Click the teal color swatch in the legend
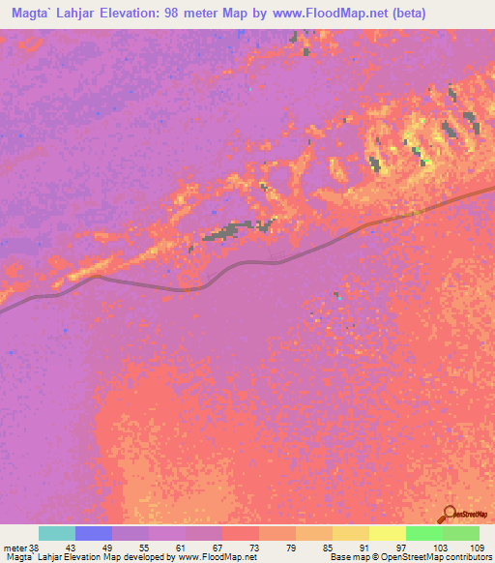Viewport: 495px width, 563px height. pyautogui.click(x=57, y=533)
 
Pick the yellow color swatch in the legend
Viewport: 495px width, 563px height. pyautogui.click(x=387, y=533)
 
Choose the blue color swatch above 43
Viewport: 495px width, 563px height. pyautogui.click(x=94, y=533)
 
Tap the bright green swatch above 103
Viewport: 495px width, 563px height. pyautogui.click(x=423, y=533)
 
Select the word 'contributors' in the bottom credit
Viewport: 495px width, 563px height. pyautogui.click(x=467, y=557)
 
